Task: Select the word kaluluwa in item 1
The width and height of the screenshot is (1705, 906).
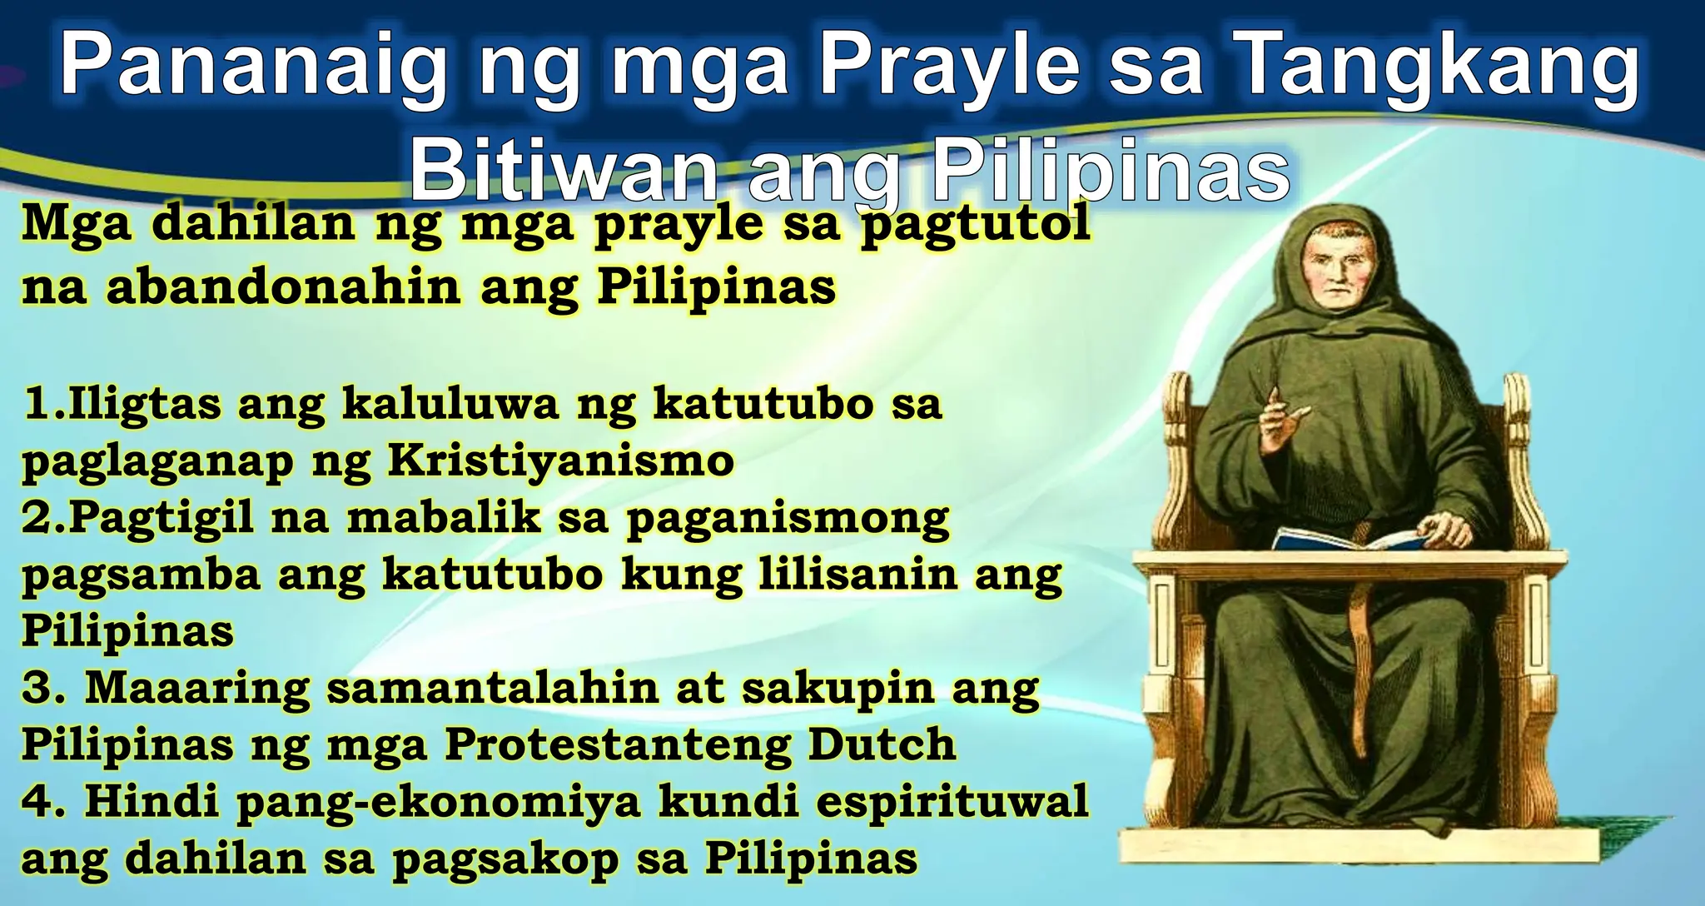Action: coord(450,405)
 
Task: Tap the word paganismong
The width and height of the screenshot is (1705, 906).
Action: coord(788,518)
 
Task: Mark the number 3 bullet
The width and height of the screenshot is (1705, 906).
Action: coord(38,689)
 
